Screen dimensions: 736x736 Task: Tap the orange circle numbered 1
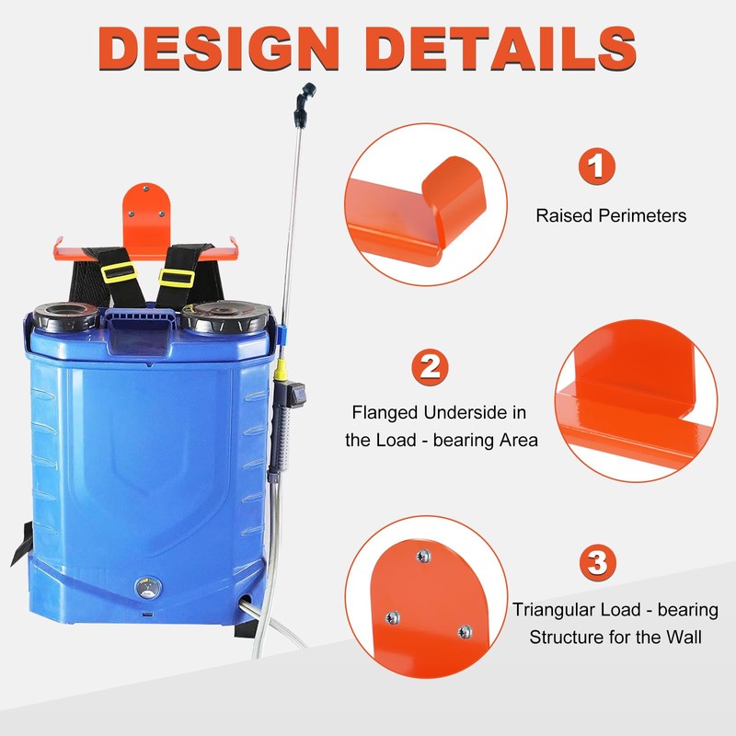[x=597, y=167]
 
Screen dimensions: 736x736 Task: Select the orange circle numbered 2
[x=429, y=367]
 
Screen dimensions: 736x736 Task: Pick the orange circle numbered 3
[x=598, y=561]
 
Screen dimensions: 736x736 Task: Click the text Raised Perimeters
[x=611, y=216]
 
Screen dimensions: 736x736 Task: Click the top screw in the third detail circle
[x=423, y=556]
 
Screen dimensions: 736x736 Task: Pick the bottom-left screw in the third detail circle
[x=392, y=616]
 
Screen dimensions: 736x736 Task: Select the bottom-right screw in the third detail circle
[x=466, y=632]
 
